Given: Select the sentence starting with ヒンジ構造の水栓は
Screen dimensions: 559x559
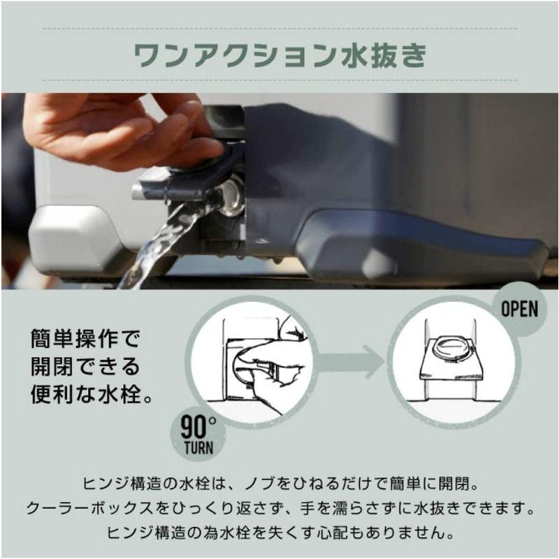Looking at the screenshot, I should pos(279,484).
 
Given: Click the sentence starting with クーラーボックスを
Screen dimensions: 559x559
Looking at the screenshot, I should pos(279,508).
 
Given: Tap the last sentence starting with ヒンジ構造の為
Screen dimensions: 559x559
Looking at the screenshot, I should pos(279,532).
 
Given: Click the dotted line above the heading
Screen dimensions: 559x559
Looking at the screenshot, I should pos(279,29).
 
